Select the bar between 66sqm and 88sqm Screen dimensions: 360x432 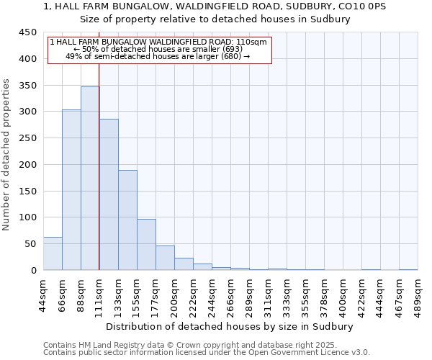(x=71, y=190)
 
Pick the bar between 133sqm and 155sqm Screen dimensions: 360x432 (x=127, y=220)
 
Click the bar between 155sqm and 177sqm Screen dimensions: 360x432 (x=146, y=245)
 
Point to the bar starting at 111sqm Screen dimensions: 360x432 (x=109, y=194)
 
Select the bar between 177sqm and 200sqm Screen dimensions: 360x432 (x=165, y=258)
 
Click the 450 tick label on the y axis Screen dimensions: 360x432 (x=27, y=32)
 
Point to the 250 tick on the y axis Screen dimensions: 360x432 (x=27, y=138)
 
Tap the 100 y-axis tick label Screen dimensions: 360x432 (x=27, y=217)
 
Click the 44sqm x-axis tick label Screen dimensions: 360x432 (x=44, y=294)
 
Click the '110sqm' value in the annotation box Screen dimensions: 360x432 (x=253, y=42)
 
